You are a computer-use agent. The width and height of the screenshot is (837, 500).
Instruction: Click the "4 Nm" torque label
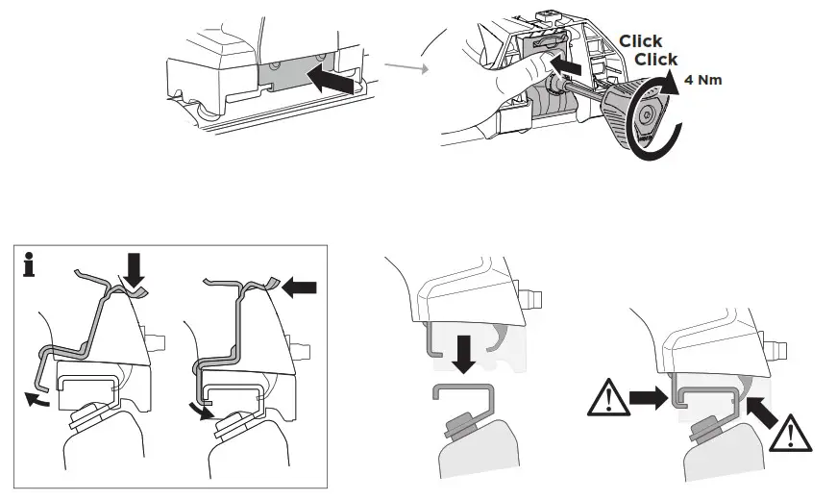pos(703,80)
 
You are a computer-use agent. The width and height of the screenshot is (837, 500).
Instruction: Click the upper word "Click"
pos(640,41)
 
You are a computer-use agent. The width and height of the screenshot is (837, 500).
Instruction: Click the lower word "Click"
pos(656,60)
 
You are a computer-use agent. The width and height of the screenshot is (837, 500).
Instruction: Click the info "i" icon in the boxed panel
pos(30,265)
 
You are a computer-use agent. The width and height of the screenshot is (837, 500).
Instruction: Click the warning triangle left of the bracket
pos(608,396)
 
